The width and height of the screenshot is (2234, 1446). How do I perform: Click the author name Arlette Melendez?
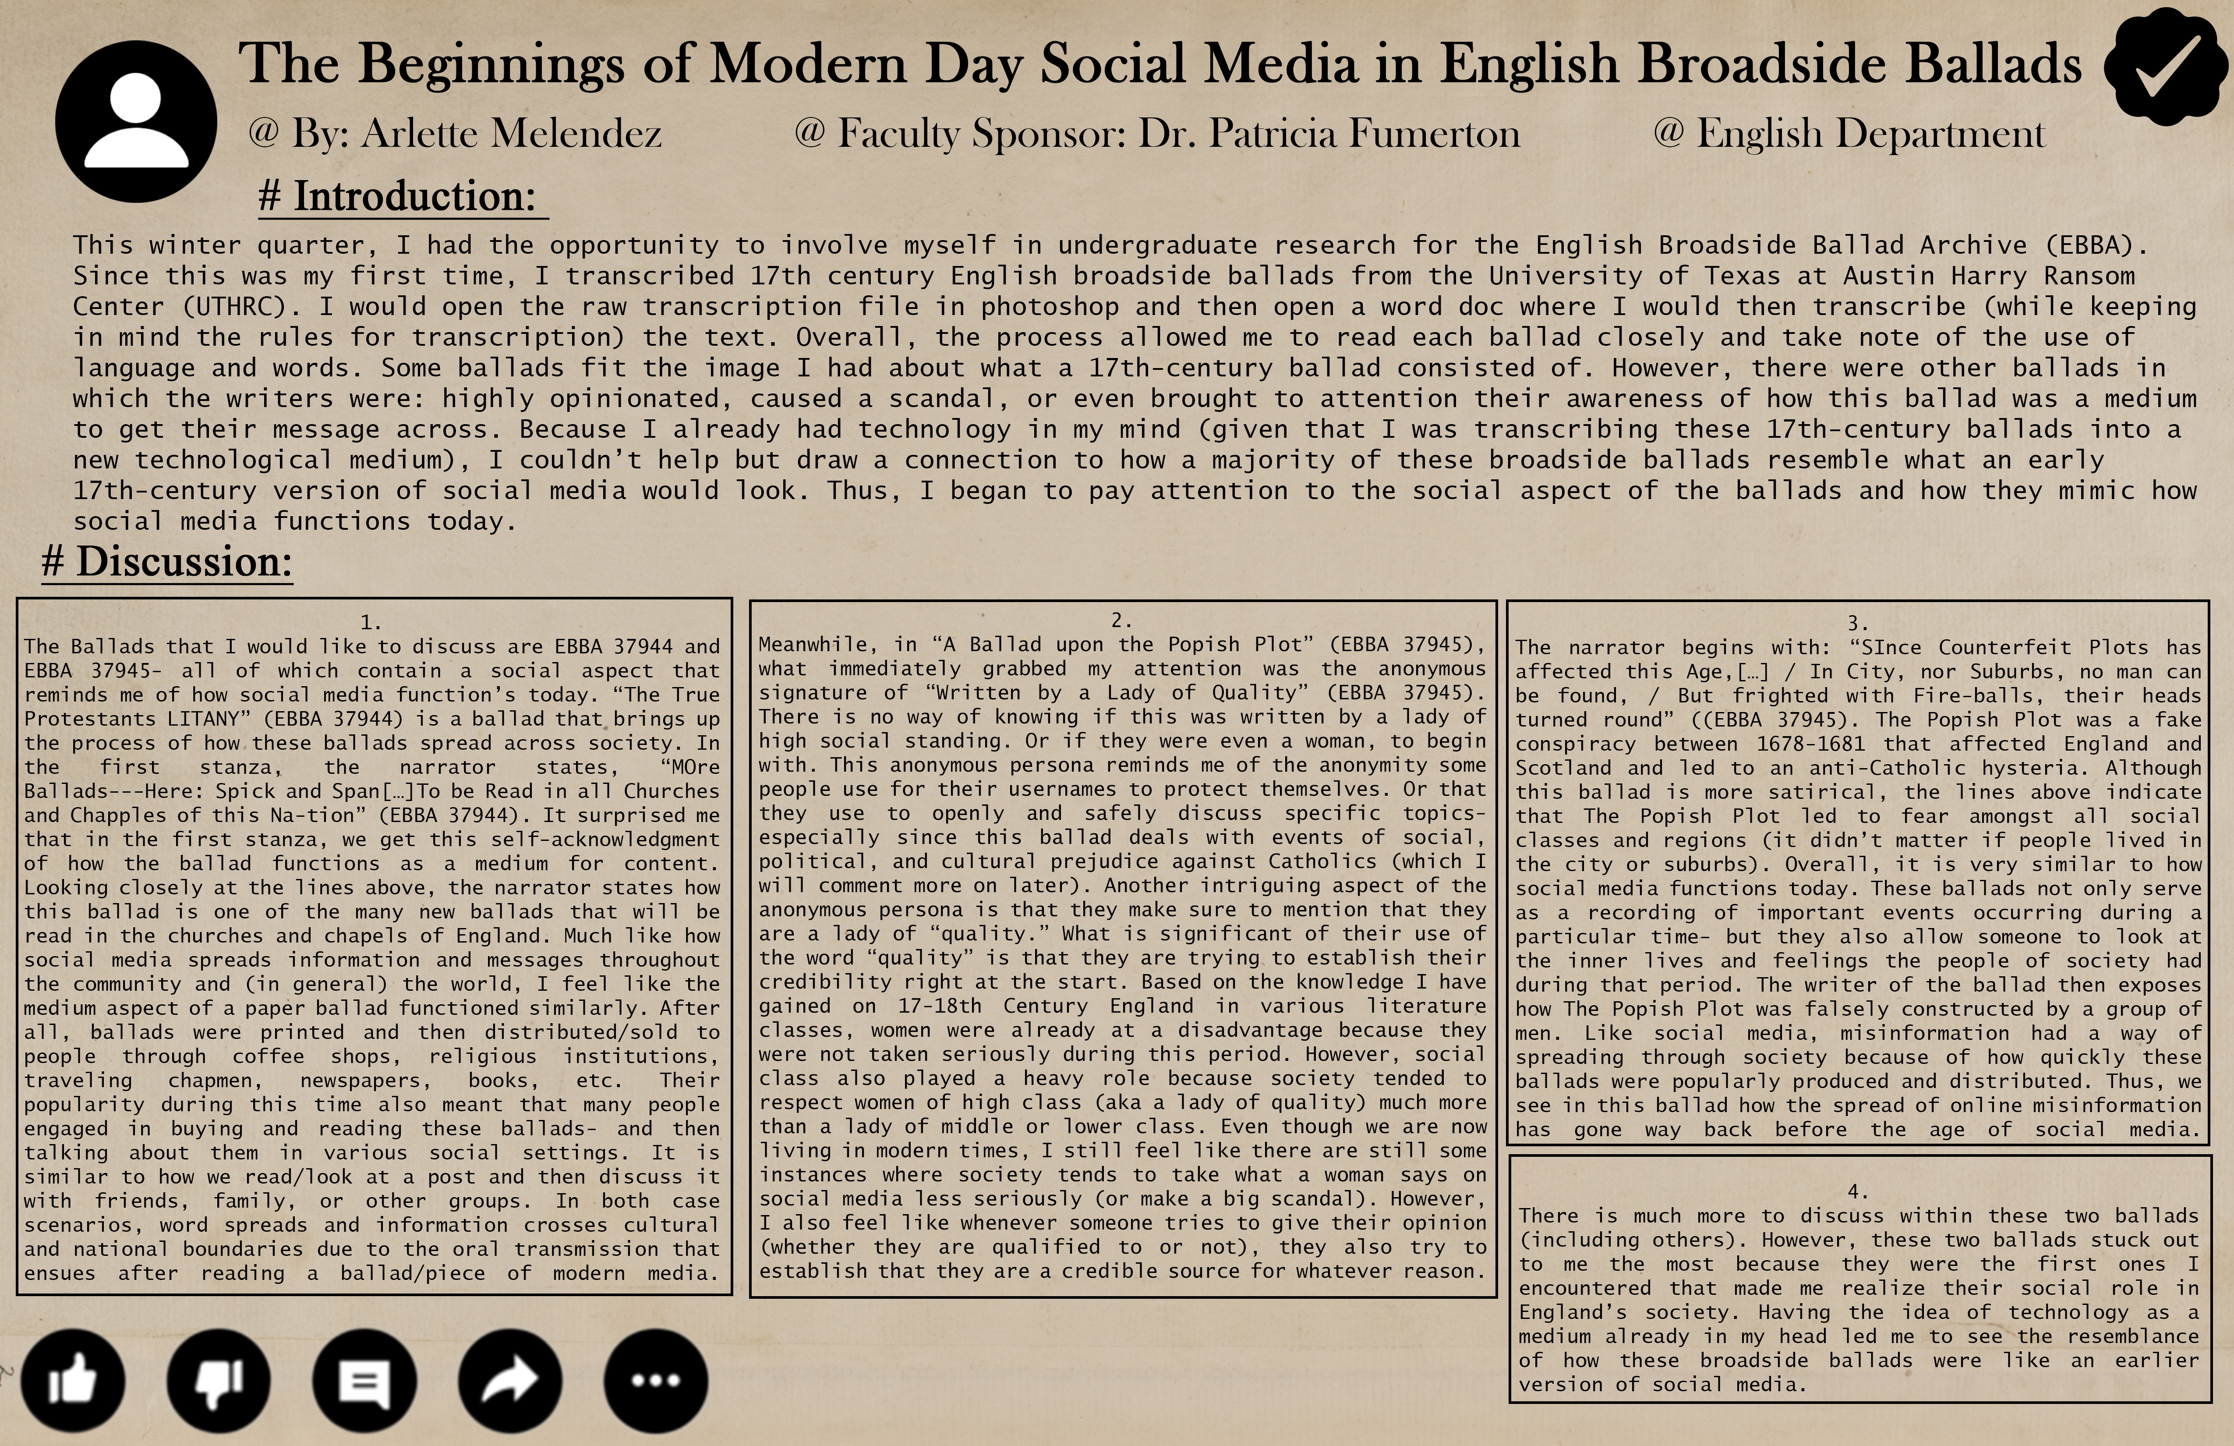[x=512, y=133]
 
